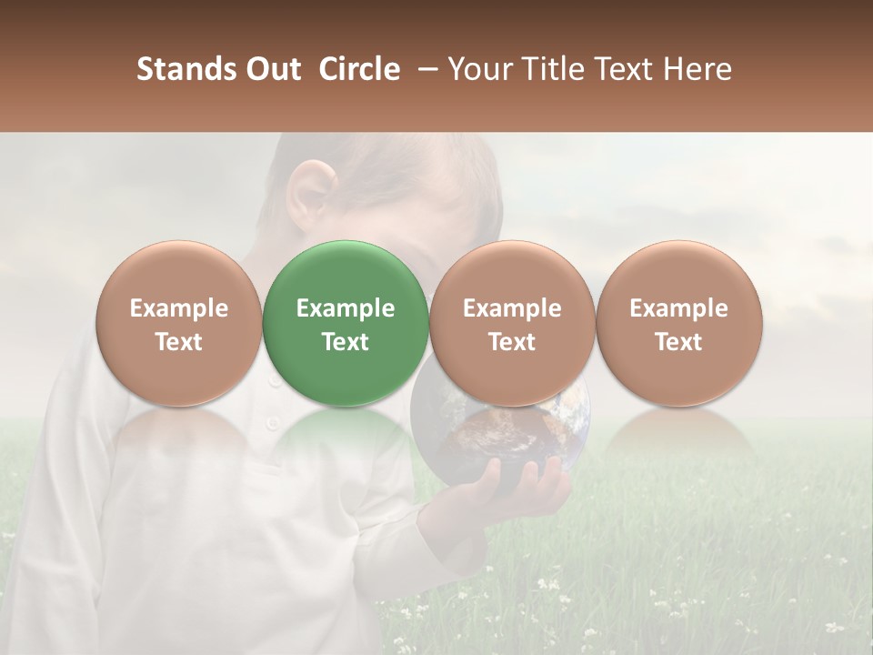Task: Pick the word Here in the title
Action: click(698, 69)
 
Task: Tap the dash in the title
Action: click(424, 69)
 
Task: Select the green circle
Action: click(345, 273)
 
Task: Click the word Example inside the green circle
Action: click(345, 308)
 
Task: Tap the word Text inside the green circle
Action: click(345, 342)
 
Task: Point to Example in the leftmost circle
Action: click(178, 308)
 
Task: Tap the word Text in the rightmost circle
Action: click(678, 342)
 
